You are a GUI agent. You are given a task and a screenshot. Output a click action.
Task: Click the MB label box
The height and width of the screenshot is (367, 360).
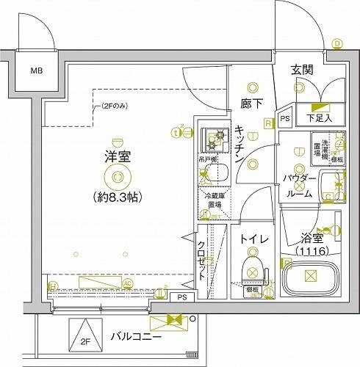[35, 72]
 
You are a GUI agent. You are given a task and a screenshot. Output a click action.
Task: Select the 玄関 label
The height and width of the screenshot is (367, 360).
[302, 70]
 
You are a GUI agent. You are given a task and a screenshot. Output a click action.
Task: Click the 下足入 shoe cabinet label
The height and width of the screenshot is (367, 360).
[319, 117]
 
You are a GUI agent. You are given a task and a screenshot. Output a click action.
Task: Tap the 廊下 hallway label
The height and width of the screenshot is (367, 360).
[251, 104]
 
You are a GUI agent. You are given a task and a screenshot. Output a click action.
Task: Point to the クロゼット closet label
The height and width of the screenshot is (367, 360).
[201, 261]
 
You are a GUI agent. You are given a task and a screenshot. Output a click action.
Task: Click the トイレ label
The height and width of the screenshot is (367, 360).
[253, 239]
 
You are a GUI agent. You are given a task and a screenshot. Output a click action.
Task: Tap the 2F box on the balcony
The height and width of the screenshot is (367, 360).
[84, 340]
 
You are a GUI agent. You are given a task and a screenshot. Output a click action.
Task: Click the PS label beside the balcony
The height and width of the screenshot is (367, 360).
[181, 297]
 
